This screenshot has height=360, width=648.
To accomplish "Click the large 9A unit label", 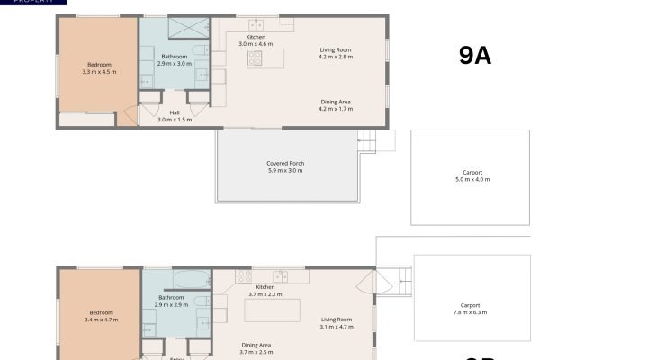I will click(474, 56).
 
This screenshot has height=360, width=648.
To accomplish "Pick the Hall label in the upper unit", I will click(174, 112).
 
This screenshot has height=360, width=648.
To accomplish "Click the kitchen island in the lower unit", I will click(276, 310).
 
